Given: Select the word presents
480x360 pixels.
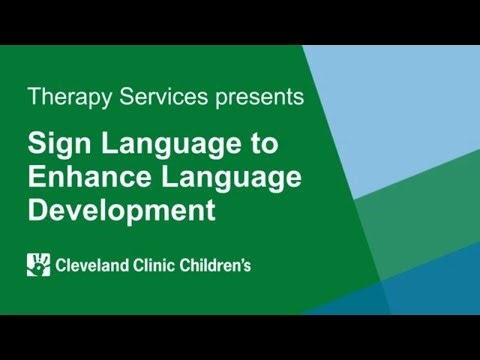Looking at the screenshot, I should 255,98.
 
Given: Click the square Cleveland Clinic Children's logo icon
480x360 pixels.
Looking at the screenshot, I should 38,265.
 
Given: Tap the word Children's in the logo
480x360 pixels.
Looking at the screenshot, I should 215,266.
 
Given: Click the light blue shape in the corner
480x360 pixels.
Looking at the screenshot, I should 410,110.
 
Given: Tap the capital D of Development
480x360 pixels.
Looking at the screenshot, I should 37,211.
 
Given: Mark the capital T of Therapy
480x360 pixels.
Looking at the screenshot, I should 35,97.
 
